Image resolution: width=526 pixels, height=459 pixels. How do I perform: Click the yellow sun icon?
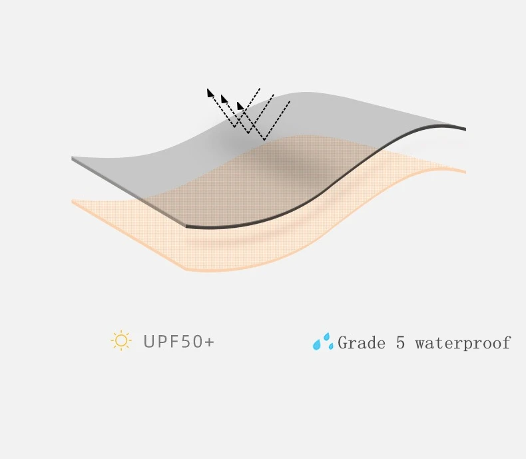pos(121,341)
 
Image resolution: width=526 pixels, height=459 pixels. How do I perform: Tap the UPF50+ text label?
pos(178,342)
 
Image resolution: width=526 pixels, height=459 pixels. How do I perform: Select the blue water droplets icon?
pos(323,342)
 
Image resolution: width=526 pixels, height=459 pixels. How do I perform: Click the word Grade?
pos(362,343)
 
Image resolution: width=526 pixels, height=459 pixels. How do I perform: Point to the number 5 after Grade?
pos(400,343)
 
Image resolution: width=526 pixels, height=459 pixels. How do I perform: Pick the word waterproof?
pos(463,344)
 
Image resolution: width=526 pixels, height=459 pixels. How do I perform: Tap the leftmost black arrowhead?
pos(210,92)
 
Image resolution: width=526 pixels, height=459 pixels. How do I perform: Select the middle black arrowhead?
pos(224,99)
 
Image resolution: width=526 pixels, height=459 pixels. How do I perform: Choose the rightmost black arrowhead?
pos(240,105)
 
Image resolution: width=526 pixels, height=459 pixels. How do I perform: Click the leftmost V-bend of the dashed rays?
pos(235,127)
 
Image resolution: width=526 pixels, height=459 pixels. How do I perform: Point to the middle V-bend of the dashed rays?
pos(249,133)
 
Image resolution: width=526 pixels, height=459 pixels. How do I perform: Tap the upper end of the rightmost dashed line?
pos(290,101)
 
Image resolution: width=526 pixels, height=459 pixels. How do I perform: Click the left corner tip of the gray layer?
pos(72,159)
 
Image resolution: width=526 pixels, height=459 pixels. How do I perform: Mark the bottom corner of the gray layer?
pos(186,227)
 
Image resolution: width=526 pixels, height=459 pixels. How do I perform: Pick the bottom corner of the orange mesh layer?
pos(185,270)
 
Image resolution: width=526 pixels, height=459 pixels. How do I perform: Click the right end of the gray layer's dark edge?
pos(465,129)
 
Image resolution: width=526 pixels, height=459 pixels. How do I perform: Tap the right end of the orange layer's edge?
pos(465,172)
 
